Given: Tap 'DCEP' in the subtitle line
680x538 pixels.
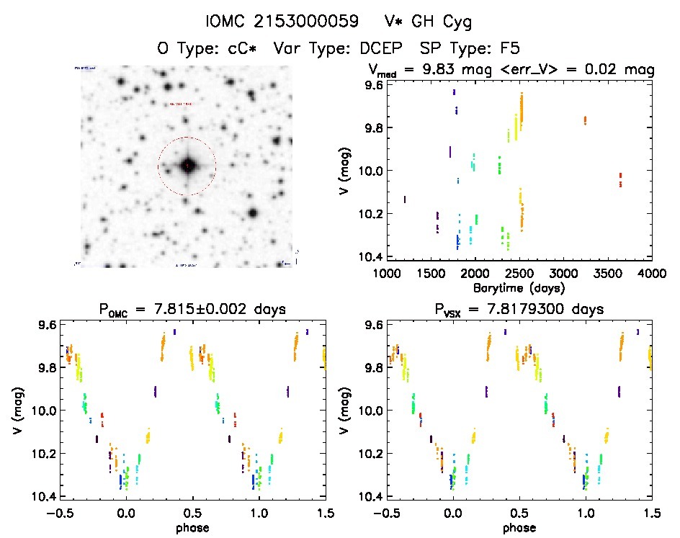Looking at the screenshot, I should pyautogui.click(x=377, y=48).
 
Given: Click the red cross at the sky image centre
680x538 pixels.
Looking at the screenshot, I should pyautogui.click(x=187, y=166).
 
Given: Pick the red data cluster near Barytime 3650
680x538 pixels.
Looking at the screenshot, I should pyautogui.click(x=620, y=179).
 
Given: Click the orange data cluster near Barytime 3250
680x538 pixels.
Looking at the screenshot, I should pyautogui.click(x=585, y=120).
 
